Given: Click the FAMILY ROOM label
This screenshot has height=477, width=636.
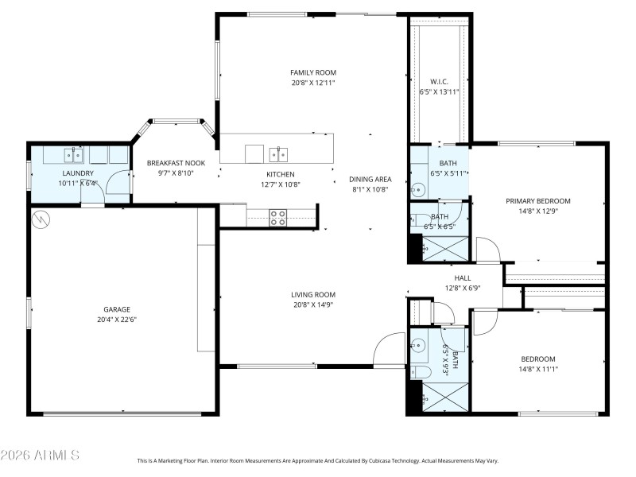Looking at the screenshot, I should coord(308,72).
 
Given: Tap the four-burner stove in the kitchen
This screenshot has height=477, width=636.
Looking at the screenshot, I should coord(277,218).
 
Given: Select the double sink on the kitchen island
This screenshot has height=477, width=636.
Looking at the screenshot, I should coord(277,153).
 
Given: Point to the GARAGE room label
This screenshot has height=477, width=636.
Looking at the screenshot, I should coord(116,309).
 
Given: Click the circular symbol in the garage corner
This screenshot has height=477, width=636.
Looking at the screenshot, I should coord(40,218).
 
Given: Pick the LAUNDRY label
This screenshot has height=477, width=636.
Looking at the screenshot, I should coord(78,173).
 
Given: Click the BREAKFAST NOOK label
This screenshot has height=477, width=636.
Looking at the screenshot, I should coord(176,164).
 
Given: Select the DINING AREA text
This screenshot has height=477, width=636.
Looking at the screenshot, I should coord(371,180).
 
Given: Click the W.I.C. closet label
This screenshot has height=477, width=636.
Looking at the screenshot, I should coord(439,82).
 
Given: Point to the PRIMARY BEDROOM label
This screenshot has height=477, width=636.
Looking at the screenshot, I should coord(538,201).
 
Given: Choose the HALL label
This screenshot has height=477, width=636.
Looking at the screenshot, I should coord(463,277).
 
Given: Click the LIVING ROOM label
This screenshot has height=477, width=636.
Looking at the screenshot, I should coord(312,294).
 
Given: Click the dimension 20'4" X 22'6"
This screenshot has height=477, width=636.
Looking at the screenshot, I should coord(116,320).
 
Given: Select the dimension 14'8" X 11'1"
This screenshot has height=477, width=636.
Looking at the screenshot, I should coord(538,369).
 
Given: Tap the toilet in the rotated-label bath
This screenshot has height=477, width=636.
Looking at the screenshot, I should coord(421,371).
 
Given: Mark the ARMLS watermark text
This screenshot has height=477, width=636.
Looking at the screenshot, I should coord(40,456).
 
